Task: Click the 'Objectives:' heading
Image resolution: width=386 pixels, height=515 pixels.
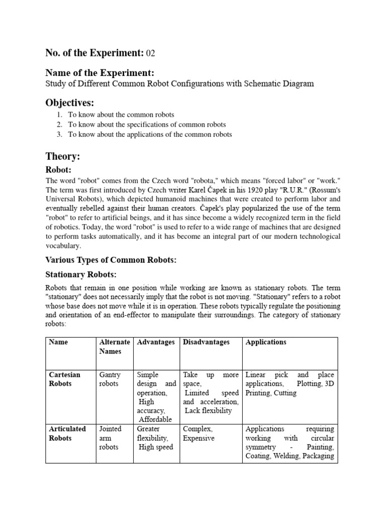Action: click(x=70, y=103)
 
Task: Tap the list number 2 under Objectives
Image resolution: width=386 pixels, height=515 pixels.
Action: click(x=59, y=124)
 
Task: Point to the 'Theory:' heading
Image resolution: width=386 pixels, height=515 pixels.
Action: click(x=63, y=156)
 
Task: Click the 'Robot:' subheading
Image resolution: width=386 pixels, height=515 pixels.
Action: click(x=60, y=170)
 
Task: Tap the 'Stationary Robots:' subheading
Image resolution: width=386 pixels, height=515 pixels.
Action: click(x=81, y=275)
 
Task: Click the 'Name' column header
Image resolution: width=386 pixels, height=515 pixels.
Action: click(x=58, y=342)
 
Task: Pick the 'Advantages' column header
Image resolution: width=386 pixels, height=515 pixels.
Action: click(x=156, y=342)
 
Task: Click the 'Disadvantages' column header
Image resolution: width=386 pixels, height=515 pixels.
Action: click(x=206, y=342)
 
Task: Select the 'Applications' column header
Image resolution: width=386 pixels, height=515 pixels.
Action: click(x=266, y=342)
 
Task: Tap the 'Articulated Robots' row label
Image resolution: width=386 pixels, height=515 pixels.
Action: click(x=67, y=434)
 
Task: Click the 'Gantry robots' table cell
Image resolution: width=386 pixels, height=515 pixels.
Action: click(x=111, y=379)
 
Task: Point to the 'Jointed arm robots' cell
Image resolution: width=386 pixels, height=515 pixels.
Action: click(x=111, y=438)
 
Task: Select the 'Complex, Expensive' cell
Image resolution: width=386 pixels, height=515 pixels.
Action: click(x=199, y=434)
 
